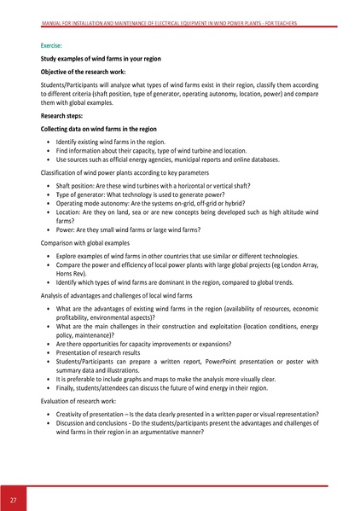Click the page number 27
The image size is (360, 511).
click(x=14, y=498)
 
